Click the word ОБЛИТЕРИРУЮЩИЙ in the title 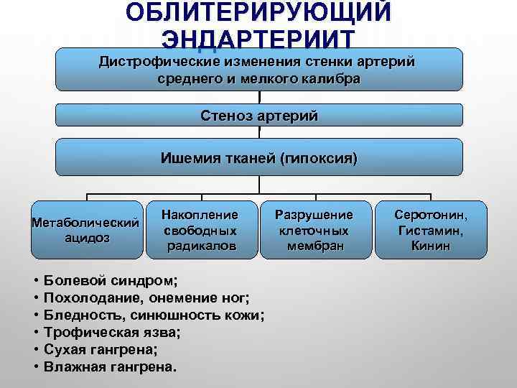click(258, 13)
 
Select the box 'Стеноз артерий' click(260, 115)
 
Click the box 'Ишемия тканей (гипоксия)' click(260, 157)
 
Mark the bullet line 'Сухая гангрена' click(101, 349)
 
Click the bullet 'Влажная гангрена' click(108, 366)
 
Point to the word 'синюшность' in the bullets click(179, 315)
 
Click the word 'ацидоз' click(85, 238)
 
